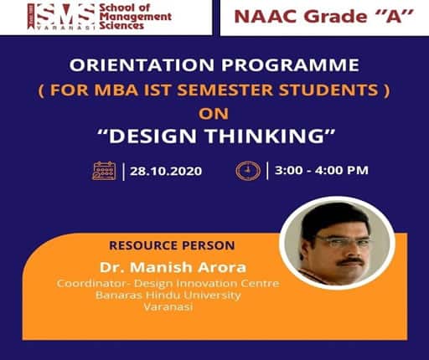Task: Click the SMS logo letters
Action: (65, 14)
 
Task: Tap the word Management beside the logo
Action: (136, 17)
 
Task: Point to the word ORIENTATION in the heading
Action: (142, 65)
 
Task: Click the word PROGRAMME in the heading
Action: (290, 65)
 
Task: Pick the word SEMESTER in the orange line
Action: (225, 90)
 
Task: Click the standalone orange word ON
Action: (214, 114)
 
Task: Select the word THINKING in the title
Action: (266, 136)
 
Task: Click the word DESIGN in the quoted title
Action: (152, 136)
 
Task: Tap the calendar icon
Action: (104, 171)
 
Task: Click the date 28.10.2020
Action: (166, 171)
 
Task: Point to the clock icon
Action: (248, 171)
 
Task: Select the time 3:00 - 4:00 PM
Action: (322, 170)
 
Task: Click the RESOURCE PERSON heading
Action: (172, 245)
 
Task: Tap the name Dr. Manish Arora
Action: (173, 267)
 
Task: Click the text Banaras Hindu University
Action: (168, 295)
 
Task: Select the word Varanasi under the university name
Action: (168, 307)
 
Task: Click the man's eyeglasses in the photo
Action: (342, 240)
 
